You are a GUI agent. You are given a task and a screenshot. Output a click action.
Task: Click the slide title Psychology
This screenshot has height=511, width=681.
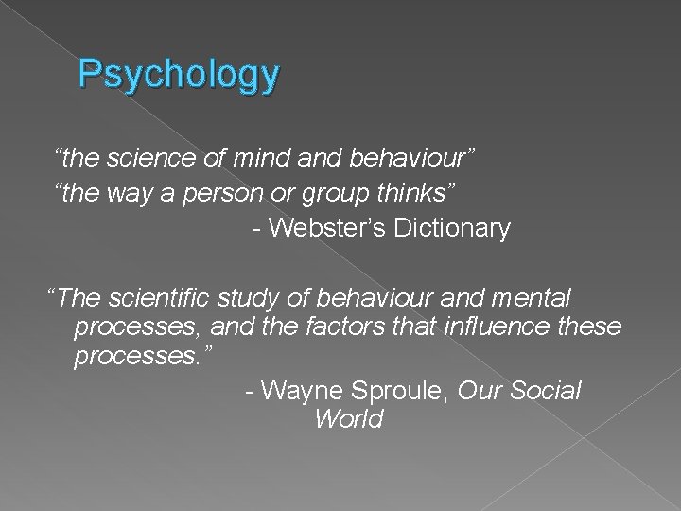(179, 75)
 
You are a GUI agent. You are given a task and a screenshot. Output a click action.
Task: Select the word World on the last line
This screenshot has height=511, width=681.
(348, 419)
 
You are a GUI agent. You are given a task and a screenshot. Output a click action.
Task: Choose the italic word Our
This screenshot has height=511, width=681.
(477, 390)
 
